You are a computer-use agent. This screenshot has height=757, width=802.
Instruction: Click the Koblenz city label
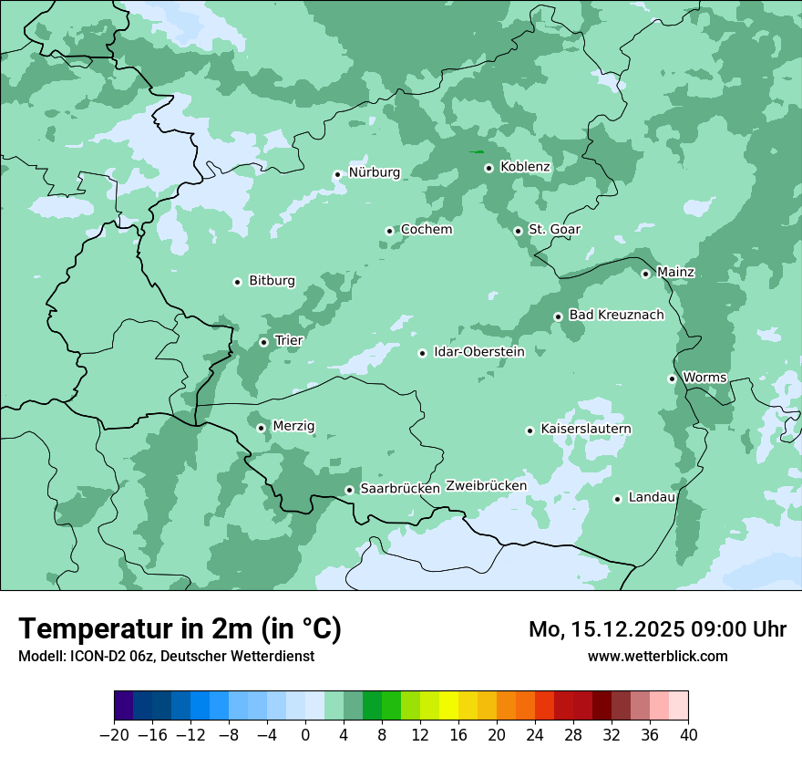pyautogui.click(x=525, y=167)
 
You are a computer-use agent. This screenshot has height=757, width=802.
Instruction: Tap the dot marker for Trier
pyautogui.click(x=264, y=342)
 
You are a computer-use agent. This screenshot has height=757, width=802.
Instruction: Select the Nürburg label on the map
pyautogui.click(x=374, y=172)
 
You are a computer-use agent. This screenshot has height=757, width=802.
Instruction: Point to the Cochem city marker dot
pyautogui.click(x=389, y=231)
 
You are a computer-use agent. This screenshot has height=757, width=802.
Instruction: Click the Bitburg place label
pyautogui.click(x=272, y=281)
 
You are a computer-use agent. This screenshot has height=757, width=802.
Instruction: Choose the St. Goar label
pyautogui.click(x=554, y=230)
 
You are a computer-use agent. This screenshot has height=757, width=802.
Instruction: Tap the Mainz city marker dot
pyautogui.click(x=645, y=274)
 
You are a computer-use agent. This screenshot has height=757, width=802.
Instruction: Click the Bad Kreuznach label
pyautogui.click(x=616, y=316)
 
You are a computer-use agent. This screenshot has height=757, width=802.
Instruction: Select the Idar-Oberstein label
pyautogui.click(x=479, y=352)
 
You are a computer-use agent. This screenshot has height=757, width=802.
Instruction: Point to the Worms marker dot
pyautogui.click(x=672, y=378)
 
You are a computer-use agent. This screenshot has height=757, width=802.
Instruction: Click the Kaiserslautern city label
pyautogui.click(x=585, y=430)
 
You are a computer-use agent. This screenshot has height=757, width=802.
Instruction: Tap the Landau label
pyautogui.click(x=652, y=497)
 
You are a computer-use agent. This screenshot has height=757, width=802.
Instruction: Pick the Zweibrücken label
pyautogui.click(x=486, y=486)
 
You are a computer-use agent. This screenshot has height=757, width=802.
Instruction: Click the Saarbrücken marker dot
pyautogui.click(x=349, y=490)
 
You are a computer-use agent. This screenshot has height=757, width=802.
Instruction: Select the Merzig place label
pyautogui.click(x=293, y=426)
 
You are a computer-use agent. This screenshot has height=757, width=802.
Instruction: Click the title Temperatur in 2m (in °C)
pyautogui.click(x=180, y=629)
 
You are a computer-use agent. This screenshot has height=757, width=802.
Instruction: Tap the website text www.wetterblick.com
pyautogui.click(x=657, y=657)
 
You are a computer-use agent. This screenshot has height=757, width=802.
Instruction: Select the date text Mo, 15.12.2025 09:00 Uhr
pyautogui.click(x=657, y=629)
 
